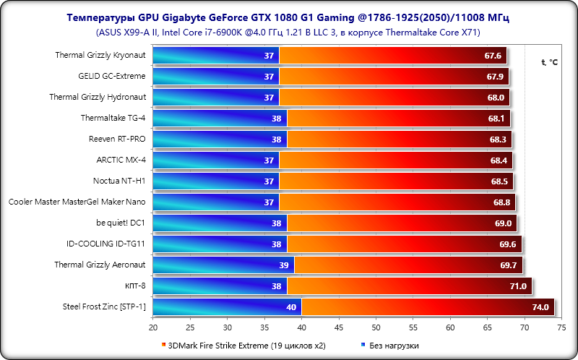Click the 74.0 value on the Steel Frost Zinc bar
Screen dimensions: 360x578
[x=541, y=307]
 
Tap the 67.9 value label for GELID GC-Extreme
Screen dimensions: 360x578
[x=495, y=76]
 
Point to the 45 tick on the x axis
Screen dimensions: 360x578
[x=339, y=327]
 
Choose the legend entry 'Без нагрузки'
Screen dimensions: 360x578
[x=393, y=346]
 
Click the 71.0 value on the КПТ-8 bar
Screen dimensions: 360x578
[x=519, y=286]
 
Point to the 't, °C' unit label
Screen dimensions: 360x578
[x=549, y=62]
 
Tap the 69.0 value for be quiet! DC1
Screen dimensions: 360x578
[x=503, y=223]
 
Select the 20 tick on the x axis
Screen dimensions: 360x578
[x=152, y=327]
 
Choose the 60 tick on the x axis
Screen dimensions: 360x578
[x=450, y=327]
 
